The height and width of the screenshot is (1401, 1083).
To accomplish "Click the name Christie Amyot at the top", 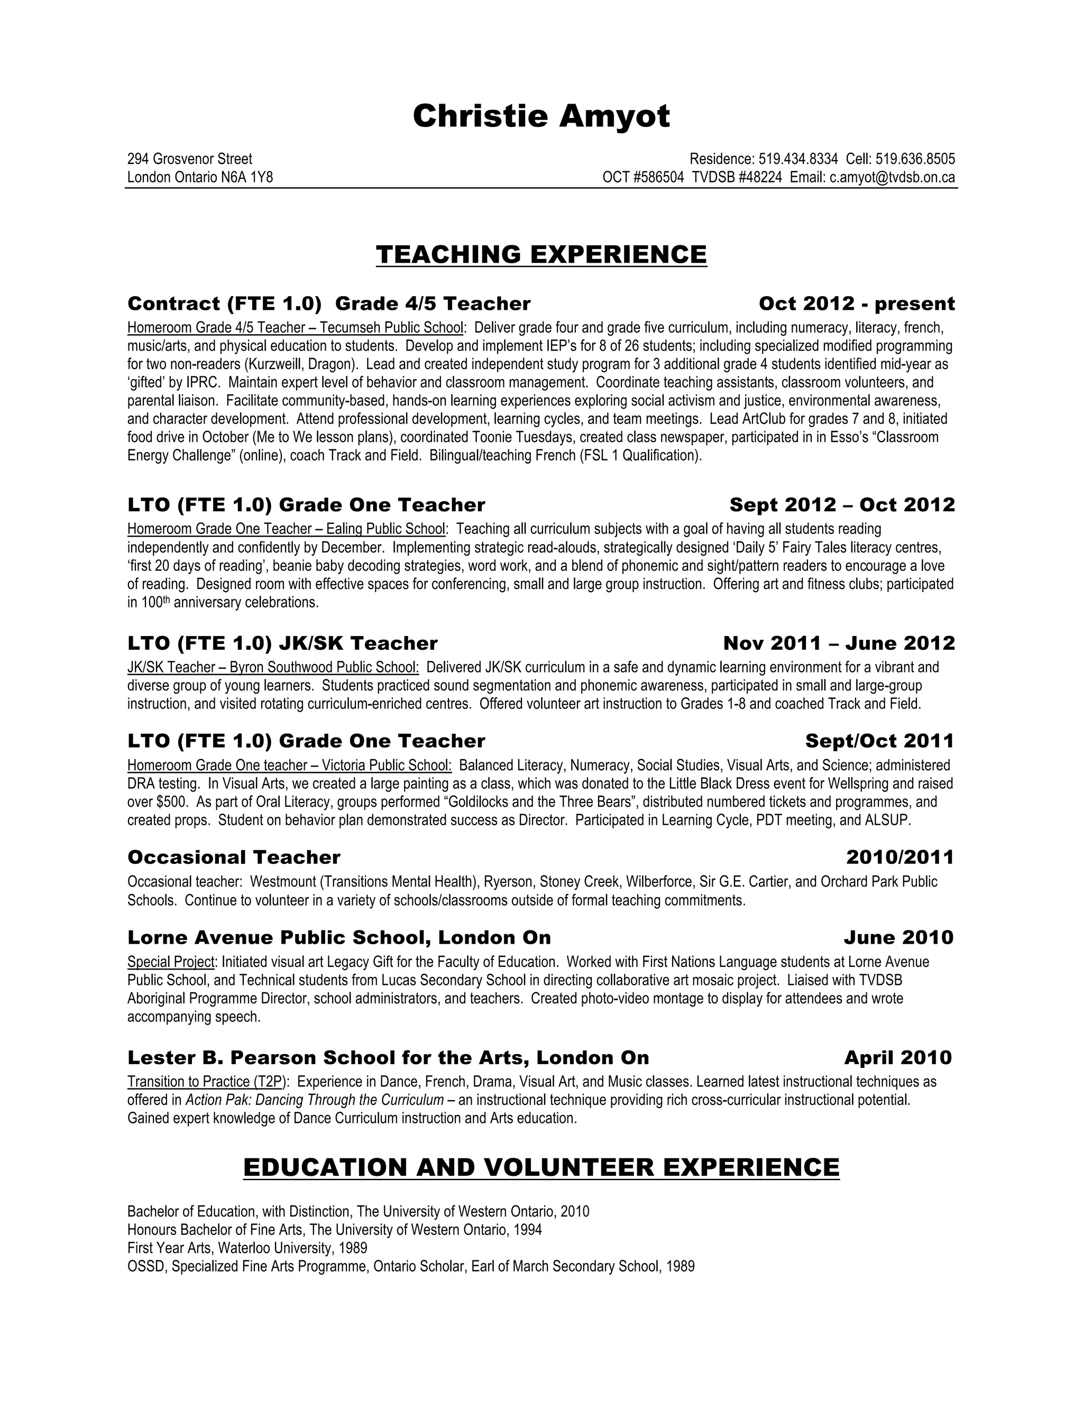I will coord(541,117).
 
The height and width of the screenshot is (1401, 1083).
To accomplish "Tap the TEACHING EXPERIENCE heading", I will coord(541,255).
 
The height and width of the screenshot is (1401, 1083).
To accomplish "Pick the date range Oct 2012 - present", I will coord(857,303).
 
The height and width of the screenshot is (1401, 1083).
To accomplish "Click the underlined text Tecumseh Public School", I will coord(391,328).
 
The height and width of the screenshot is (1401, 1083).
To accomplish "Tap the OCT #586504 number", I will coord(643,178).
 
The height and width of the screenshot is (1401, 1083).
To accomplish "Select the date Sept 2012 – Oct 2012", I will coord(842,505).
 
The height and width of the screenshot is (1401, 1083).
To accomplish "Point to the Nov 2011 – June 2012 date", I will coord(839,643).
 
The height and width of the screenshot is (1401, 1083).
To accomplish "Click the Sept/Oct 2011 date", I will coord(879,741).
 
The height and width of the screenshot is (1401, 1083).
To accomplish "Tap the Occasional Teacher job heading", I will coord(234,857).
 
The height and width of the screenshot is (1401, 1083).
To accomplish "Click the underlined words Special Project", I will coord(171,962).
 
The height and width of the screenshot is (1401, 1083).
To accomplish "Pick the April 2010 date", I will coord(897,1057).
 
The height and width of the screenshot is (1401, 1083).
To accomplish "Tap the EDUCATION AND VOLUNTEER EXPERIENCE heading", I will coord(541,1167).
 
